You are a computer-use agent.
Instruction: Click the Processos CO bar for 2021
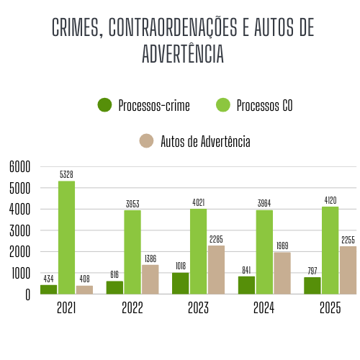coord(66,238)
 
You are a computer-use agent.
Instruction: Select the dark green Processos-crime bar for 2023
coord(180,283)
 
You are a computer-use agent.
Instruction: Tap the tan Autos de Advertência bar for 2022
coord(150,279)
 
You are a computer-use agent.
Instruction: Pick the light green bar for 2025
coord(330,251)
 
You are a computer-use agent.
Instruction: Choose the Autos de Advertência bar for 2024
coord(282,273)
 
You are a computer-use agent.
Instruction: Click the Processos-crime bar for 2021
coord(48,289)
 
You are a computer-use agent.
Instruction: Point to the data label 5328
coord(66,174)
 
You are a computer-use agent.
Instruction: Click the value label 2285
coord(216,239)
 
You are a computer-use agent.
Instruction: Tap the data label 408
coord(84,279)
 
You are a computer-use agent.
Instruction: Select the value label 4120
coord(330,200)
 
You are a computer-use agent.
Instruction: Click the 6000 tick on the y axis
coord(19,167)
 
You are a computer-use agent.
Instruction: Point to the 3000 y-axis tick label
coord(19,231)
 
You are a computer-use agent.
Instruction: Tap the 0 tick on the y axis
coord(27,294)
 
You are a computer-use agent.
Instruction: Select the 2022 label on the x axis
coord(132,308)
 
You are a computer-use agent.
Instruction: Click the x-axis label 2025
coord(330,308)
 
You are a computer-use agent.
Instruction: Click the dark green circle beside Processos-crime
coord(105,106)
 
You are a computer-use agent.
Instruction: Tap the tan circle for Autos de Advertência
coord(147,141)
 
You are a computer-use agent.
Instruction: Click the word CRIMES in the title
coord(76,28)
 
